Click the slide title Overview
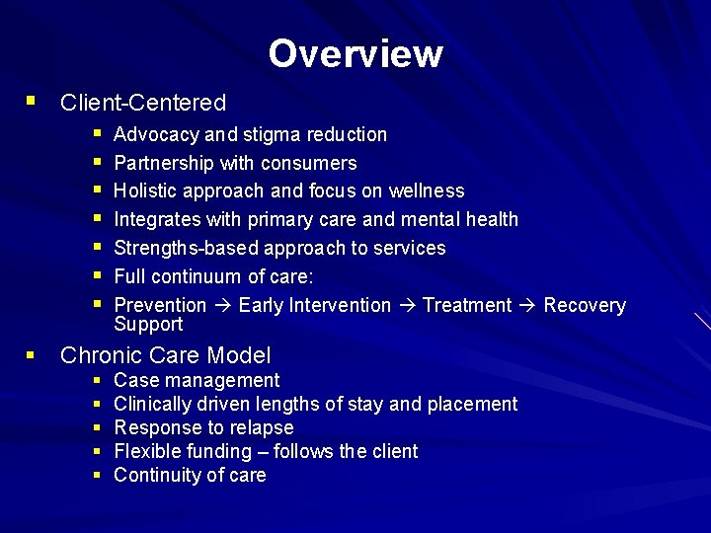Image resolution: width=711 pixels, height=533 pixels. (x=355, y=53)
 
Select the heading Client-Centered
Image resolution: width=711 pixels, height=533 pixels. (x=143, y=103)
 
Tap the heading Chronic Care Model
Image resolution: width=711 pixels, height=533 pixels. (x=165, y=355)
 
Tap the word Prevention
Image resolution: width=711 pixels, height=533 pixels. (x=160, y=305)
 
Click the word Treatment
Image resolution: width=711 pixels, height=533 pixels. (x=467, y=305)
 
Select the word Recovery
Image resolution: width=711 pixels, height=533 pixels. (x=585, y=305)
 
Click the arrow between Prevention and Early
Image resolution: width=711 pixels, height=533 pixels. (x=222, y=306)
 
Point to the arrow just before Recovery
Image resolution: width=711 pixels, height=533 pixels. (x=528, y=306)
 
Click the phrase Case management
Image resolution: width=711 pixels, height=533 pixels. (x=197, y=380)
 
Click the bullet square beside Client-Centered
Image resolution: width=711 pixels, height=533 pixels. (x=33, y=101)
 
